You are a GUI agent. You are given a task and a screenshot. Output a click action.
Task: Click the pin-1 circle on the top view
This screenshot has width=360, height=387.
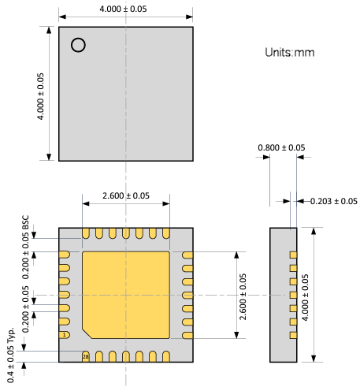78,45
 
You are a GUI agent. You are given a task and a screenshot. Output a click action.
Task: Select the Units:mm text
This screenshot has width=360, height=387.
290,52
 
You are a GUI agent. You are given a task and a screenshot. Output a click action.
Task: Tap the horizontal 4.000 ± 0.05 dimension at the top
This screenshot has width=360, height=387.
126,9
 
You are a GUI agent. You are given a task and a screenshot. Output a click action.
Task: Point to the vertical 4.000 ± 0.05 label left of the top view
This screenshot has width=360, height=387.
41,95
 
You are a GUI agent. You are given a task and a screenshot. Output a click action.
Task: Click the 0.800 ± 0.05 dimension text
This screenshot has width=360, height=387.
282,147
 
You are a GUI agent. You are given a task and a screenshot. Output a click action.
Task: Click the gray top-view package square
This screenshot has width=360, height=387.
126,93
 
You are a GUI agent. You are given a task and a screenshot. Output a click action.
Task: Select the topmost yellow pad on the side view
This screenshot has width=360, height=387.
293,255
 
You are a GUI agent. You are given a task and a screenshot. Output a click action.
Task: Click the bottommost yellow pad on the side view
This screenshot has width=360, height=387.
293,335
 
